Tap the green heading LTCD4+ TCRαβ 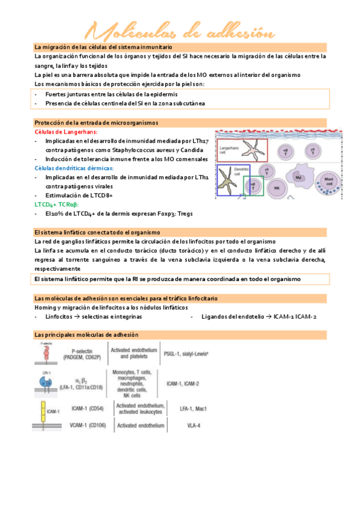pyautogui.click(x=61, y=204)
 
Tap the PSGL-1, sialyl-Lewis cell pyautogui.click(x=186, y=354)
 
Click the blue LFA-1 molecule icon pyautogui.click(x=46, y=382)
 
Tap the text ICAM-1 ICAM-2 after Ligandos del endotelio pyautogui.click(x=294, y=316)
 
